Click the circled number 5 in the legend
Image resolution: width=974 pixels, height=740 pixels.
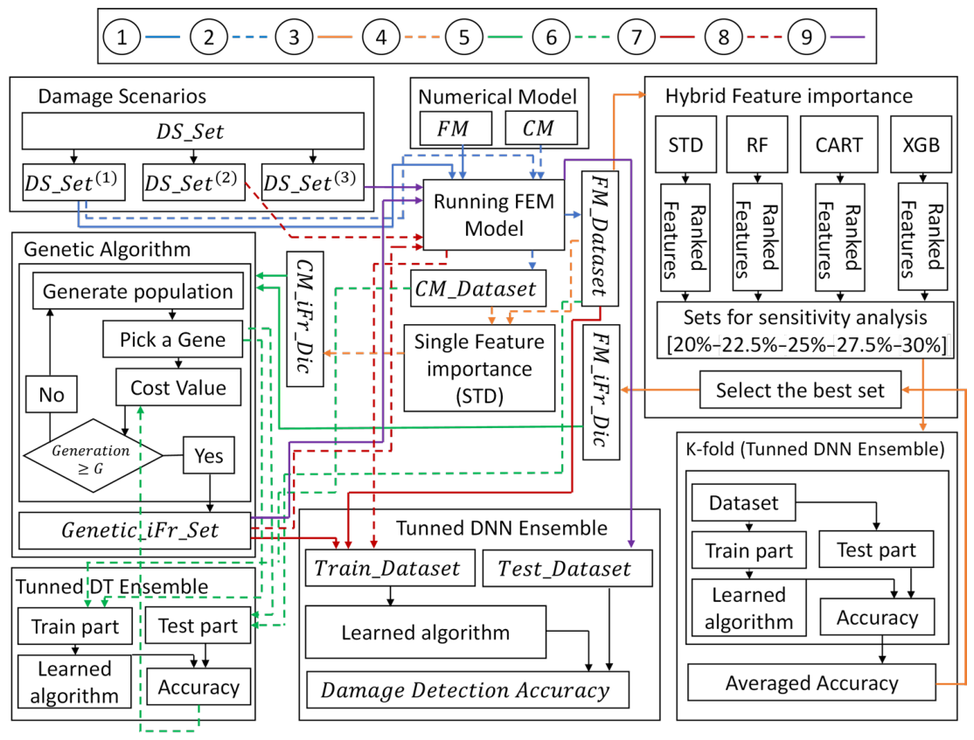(464, 37)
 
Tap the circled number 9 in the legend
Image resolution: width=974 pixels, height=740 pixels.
(806, 37)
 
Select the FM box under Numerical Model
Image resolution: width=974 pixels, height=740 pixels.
(456, 128)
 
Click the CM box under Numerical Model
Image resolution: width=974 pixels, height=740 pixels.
(541, 128)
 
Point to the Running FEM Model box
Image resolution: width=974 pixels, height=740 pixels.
(494, 215)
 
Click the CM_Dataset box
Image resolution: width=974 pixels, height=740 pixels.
(477, 288)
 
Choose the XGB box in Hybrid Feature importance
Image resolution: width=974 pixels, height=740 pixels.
(922, 144)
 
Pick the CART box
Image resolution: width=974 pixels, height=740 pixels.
(839, 144)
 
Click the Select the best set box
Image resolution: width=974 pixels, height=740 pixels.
(800, 390)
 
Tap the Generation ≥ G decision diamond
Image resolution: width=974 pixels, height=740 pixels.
(94, 456)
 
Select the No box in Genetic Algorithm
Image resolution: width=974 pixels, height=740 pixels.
(52, 394)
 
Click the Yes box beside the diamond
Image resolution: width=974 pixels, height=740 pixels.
(209, 455)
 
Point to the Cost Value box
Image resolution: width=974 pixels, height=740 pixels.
(178, 387)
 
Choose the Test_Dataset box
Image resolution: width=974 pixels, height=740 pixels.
(567, 568)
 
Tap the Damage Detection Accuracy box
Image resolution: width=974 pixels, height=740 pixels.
(468, 689)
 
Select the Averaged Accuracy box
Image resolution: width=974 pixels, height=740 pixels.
(812, 682)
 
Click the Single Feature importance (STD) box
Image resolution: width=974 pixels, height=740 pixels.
(479, 368)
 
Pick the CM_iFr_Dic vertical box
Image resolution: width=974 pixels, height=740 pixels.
(305, 319)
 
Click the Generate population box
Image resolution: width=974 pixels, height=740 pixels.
(138, 291)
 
